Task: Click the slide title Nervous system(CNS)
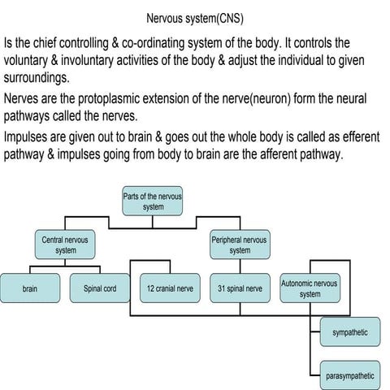click(x=194, y=17)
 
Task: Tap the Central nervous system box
click(x=66, y=245)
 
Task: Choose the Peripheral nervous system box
click(x=240, y=245)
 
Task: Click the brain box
click(x=30, y=288)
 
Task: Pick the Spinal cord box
click(x=100, y=288)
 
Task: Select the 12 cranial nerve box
click(x=170, y=288)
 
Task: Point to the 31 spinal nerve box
click(x=240, y=288)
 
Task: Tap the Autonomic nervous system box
click(x=310, y=288)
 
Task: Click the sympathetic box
click(x=350, y=332)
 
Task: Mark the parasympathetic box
click(x=350, y=375)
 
